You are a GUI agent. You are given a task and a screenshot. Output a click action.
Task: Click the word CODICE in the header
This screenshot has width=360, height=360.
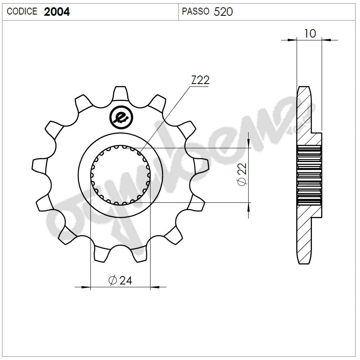point(22,12)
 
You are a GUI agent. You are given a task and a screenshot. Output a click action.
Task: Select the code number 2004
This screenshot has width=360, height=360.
point(57,12)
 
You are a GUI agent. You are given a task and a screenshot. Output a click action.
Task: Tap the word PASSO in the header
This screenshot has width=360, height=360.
point(195,12)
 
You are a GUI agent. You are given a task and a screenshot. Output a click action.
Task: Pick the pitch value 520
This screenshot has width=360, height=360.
point(223,12)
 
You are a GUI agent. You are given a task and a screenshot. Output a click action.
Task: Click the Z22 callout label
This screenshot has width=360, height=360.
point(200,80)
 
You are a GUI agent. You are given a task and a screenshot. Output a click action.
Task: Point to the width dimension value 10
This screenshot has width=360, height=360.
point(310,34)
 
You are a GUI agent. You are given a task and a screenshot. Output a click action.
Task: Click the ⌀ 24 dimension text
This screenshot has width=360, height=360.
point(120,280)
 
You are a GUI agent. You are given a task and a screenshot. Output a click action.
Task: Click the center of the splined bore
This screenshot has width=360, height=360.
point(120,175)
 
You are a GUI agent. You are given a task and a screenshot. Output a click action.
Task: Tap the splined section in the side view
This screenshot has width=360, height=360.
point(310,175)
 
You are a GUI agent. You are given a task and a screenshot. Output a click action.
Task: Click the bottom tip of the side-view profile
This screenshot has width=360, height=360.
point(304,262)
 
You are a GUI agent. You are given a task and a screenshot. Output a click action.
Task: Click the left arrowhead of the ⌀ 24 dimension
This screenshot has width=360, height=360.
point(85,287)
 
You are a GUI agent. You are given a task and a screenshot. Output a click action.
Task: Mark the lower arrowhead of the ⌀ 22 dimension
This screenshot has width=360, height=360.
point(248,207)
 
